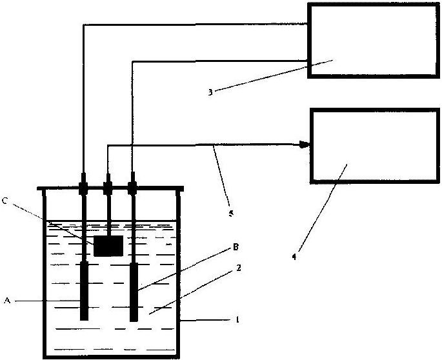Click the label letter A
click(7, 301)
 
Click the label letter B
click(236, 247)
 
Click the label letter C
click(5, 201)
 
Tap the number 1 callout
click(237, 320)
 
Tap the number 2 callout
click(239, 268)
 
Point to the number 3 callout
click(210, 92)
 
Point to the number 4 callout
click(294, 257)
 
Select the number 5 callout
click(231, 214)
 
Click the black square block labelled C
click(108, 246)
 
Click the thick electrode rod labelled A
click(85, 291)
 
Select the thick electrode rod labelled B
click(134, 292)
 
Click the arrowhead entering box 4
click(305, 145)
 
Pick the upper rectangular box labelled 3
click(374, 41)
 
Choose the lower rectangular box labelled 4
click(375, 146)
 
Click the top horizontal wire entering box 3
click(196, 25)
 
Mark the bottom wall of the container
click(112, 357)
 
